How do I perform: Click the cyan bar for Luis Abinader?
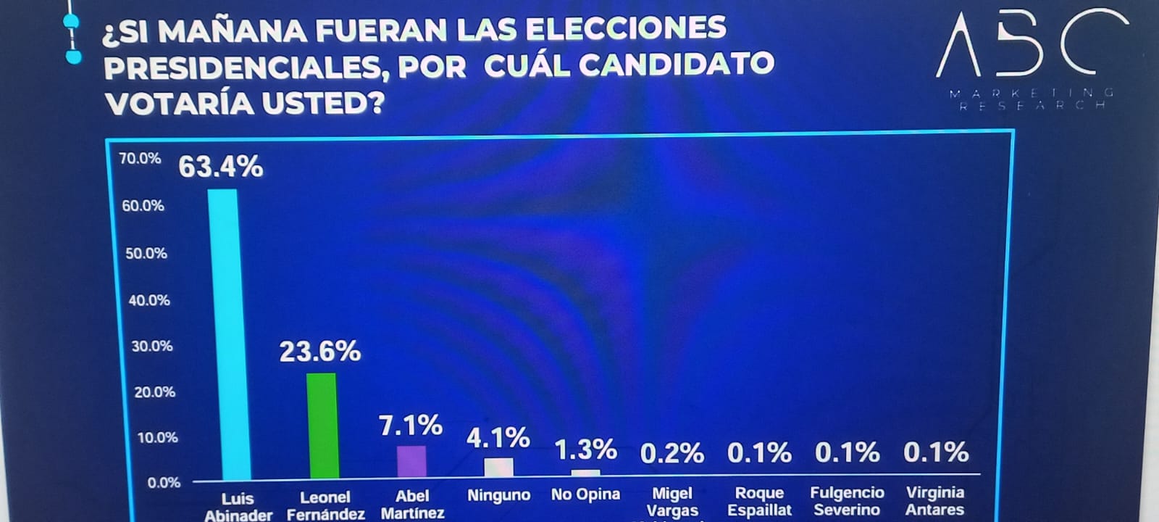(222, 333)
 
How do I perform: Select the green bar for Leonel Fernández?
(322, 425)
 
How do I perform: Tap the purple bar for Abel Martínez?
(411, 461)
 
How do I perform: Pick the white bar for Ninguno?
(498, 468)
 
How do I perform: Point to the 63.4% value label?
(221, 167)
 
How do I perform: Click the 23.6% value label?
(320, 352)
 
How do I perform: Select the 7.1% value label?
(411, 426)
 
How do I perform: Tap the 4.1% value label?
(498, 438)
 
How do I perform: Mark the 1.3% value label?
(585, 449)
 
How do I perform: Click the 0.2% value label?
(672, 454)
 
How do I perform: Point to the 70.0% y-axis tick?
(140, 158)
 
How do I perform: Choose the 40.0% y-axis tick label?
(149, 300)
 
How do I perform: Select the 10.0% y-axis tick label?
(157, 437)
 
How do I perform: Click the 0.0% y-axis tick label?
(164, 483)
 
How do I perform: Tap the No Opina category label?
(585, 494)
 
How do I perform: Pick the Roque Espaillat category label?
(759, 502)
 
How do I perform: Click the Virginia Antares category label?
(934, 501)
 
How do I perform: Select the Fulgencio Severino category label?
(847, 501)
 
